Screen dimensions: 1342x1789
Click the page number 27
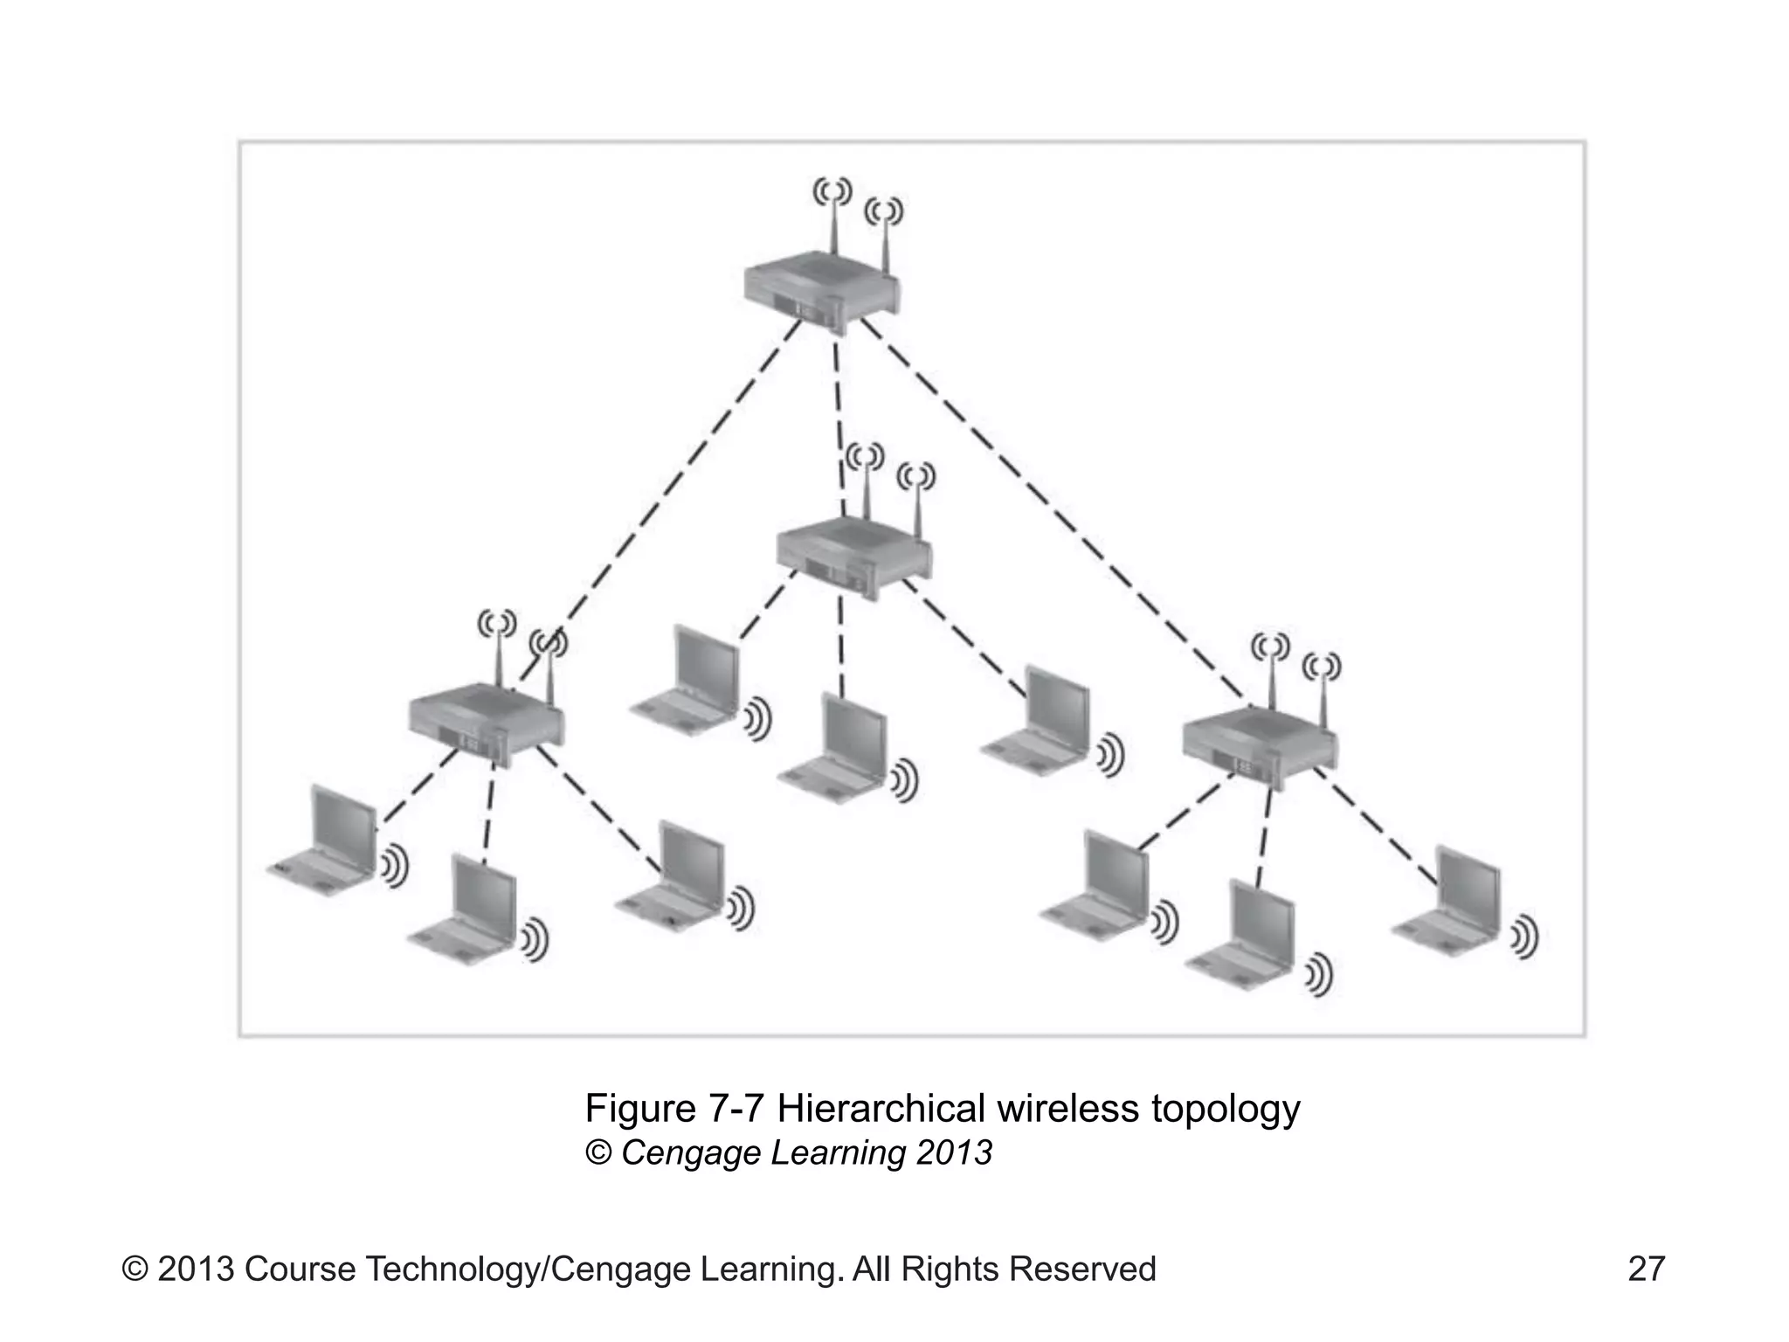click(1646, 1269)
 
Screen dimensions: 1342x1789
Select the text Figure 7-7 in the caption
click(674, 1109)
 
